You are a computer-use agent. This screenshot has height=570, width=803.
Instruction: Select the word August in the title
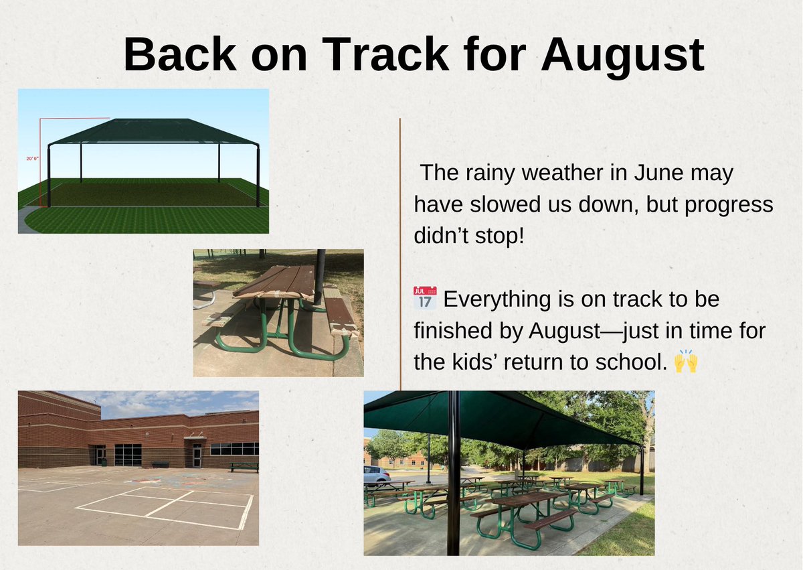pyautogui.click(x=622, y=55)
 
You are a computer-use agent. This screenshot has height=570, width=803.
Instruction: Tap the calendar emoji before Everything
pyautogui.click(x=425, y=298)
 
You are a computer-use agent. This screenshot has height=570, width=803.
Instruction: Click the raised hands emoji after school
pyautogui.click(x=686, y=362)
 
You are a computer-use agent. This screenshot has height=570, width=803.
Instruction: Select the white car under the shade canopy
pyautogui.click(x=376, y=474)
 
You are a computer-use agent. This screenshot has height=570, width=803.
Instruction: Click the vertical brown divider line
pyautogui.click(x=400, y=255)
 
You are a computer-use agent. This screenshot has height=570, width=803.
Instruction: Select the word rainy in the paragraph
pyautogui.click(x=493, y=173)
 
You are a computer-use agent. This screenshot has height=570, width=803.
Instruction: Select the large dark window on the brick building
pyautogui.click(x=128, y=455)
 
